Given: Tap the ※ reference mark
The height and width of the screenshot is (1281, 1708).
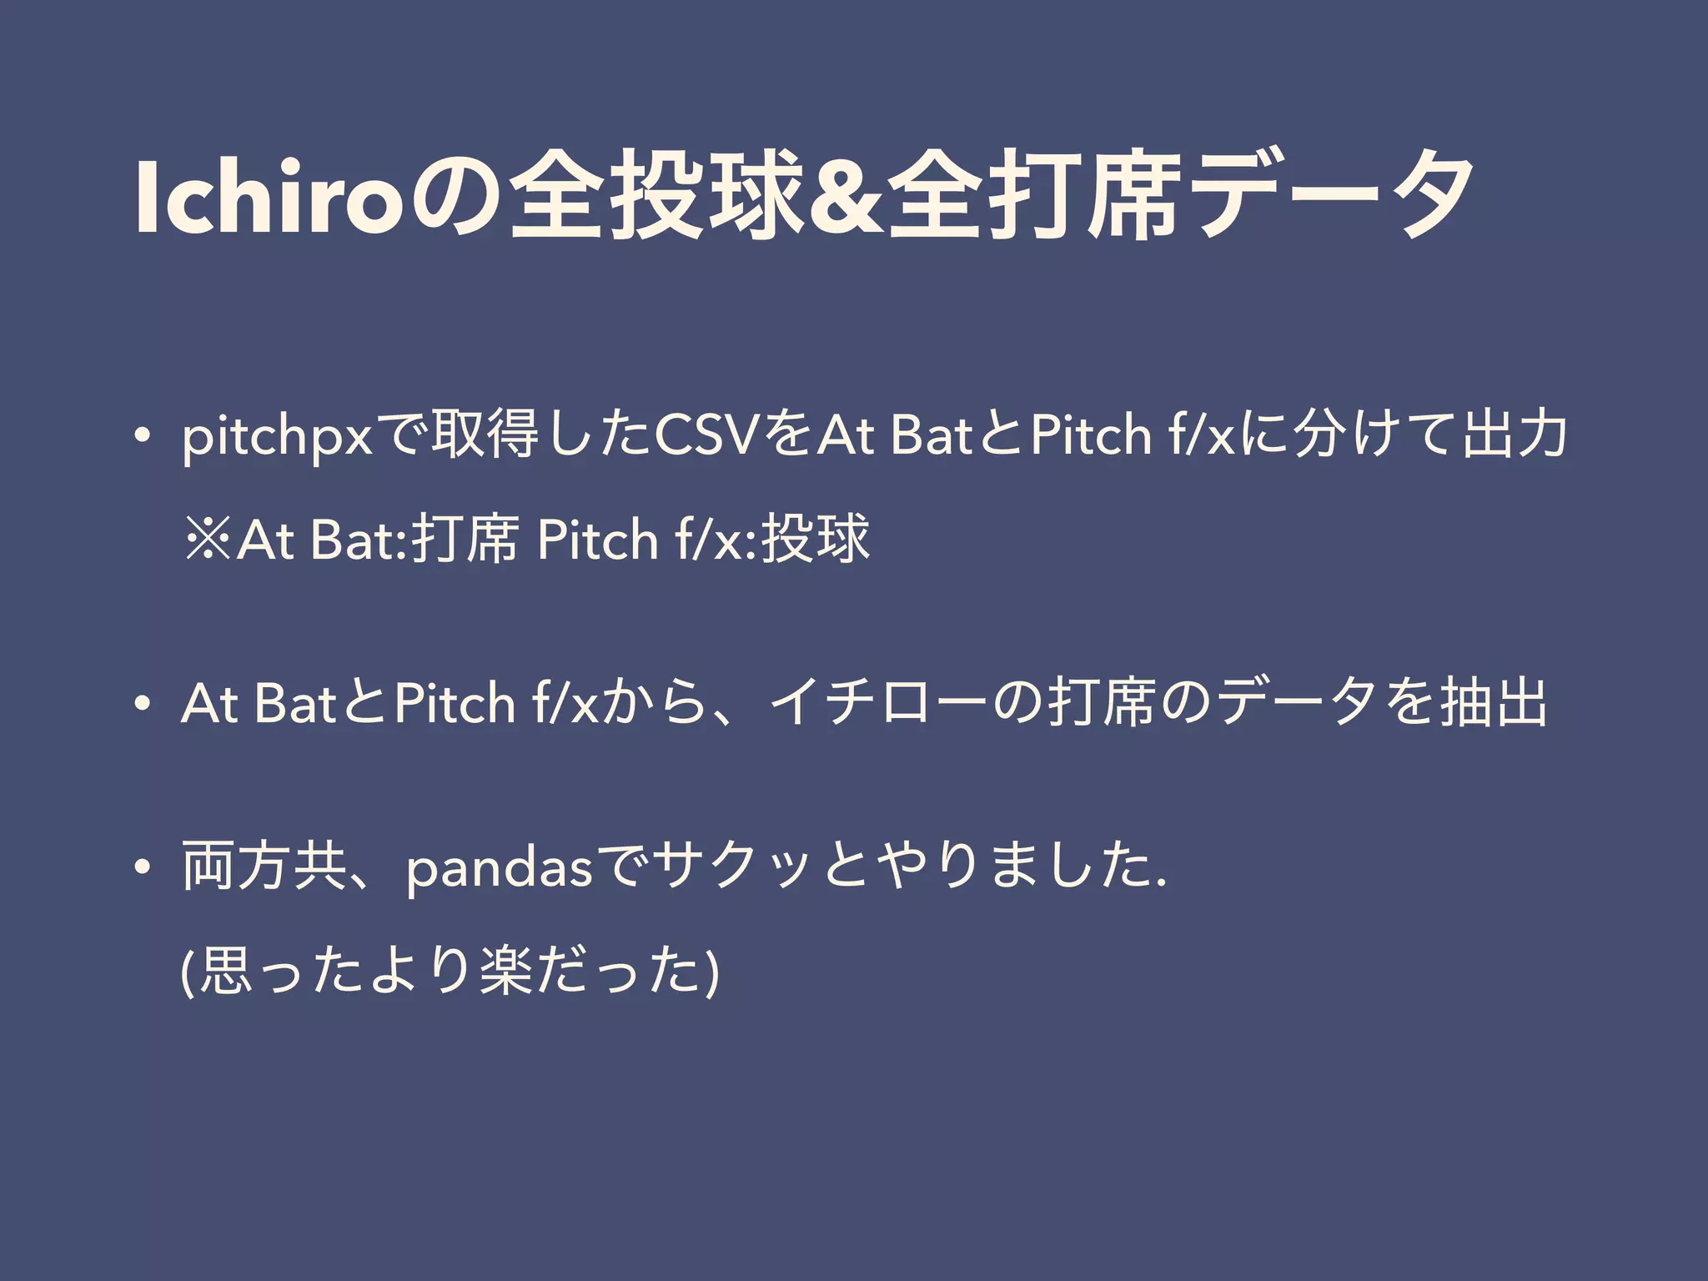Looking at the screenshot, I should pyautogui.click(x=208, y=540).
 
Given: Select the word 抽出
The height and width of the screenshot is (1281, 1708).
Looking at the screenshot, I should pyautogui.click(x=1494, y=704).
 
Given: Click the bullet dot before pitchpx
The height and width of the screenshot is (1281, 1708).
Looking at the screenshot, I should pyautogui.click(x=144, y=437).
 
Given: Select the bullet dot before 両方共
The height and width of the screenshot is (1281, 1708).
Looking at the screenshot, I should pyautogui.click(x=144, y=868).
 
